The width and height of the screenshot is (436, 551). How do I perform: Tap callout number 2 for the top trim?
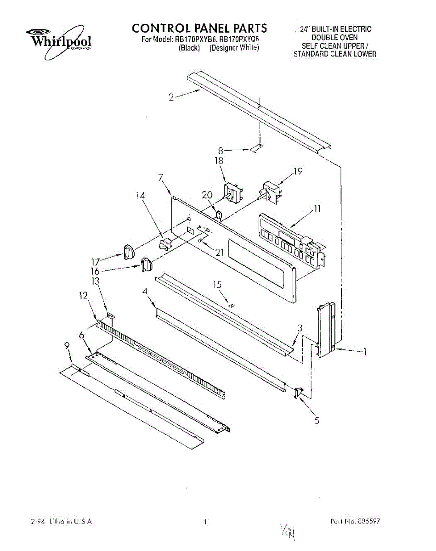click(x=171, y=97)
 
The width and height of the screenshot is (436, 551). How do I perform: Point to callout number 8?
click(x=221, y=150)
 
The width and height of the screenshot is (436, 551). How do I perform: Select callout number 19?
click(x=298, y=171)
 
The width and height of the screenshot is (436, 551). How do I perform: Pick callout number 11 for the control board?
click(x=317, y=209)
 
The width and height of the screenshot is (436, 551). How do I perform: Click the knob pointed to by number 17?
click(x=129, y=252)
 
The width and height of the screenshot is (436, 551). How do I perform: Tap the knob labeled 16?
click(x=146, y=265)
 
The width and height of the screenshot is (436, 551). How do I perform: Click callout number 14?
click(x=140, y=195)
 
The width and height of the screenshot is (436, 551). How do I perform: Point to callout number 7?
click(x=161, y=178)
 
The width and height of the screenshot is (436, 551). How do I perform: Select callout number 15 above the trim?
click(x=217, y=285)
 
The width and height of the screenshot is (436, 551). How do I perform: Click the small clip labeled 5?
click(x=298, y=393)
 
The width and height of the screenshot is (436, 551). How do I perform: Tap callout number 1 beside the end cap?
click(x=365, y=353)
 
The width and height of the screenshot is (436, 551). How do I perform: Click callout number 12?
click(x=83, y=296)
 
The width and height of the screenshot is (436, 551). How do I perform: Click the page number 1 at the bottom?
click(x=206, y=522)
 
